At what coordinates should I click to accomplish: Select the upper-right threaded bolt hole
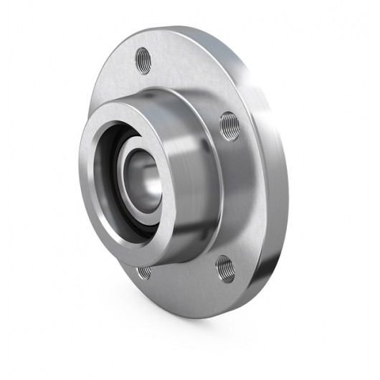[x=229, y=124]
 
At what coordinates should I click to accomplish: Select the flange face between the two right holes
[x=240, y=194]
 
